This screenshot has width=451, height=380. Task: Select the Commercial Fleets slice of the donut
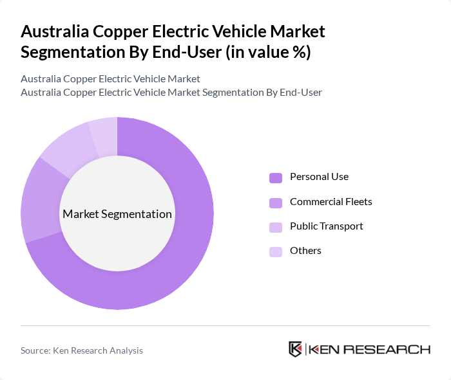click(x=40, y=199)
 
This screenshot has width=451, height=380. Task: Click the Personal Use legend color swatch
click(x=276, y=177)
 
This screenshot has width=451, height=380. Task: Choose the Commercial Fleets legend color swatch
click(x=276, y=203)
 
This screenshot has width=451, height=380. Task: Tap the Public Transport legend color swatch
click(x=276, y=227)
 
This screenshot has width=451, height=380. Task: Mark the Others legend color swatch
click(x=276, y=251)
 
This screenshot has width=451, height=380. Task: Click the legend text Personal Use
click(x=319, y=177)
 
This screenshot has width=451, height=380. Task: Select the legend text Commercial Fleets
click(x=331, y=202)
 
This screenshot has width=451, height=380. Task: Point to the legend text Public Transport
click(x=326, y=226)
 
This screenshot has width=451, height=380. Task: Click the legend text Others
click(x=305, y=251)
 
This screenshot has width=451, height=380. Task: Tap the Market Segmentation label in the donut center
click(x=117, y=214)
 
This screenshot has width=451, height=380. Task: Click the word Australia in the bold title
click(x=54, y=32)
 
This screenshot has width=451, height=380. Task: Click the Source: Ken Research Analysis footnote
click(x=82, y=350)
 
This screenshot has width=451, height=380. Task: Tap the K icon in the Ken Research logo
click(x=296, y=349)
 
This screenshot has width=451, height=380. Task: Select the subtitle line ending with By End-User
click(x=171, y=93)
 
